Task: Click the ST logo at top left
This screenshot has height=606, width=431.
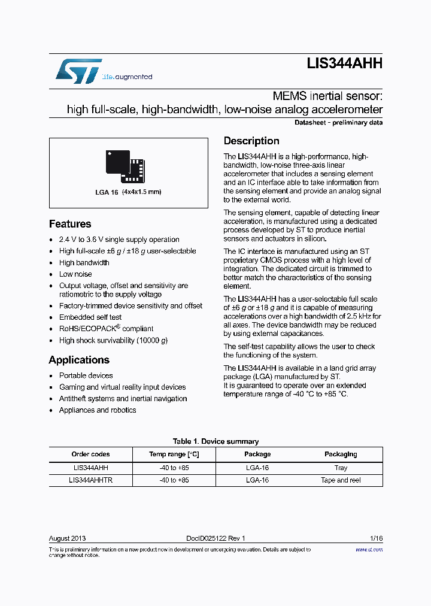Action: pos(78,71)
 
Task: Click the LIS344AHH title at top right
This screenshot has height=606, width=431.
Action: pos(344,64)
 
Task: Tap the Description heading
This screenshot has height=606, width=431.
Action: pos(251,141)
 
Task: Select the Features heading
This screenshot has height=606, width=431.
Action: pos(70,224)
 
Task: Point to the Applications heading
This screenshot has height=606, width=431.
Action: pos(79,360)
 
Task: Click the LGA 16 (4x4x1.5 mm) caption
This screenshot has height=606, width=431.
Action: pos(128,192)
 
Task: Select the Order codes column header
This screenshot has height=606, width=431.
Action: pos(90,454)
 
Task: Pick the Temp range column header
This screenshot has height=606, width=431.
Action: pos(174,454)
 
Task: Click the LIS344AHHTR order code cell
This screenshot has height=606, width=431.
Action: pos(90,480)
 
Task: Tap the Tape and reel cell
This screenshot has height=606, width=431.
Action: pos(341,480)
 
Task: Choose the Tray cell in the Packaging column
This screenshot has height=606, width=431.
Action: pos(341,468)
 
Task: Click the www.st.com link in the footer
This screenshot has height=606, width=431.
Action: pos(369,549)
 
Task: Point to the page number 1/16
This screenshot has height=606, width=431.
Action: pos(375,538)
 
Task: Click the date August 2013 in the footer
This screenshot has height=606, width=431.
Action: pos(67,538)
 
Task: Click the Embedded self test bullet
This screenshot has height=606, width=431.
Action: pos(90,317)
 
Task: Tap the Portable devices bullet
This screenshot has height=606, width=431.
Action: pos(86,375)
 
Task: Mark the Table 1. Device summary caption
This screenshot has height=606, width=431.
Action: pos(215,441)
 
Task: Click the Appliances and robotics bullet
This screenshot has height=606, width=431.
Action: pos(98,410)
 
